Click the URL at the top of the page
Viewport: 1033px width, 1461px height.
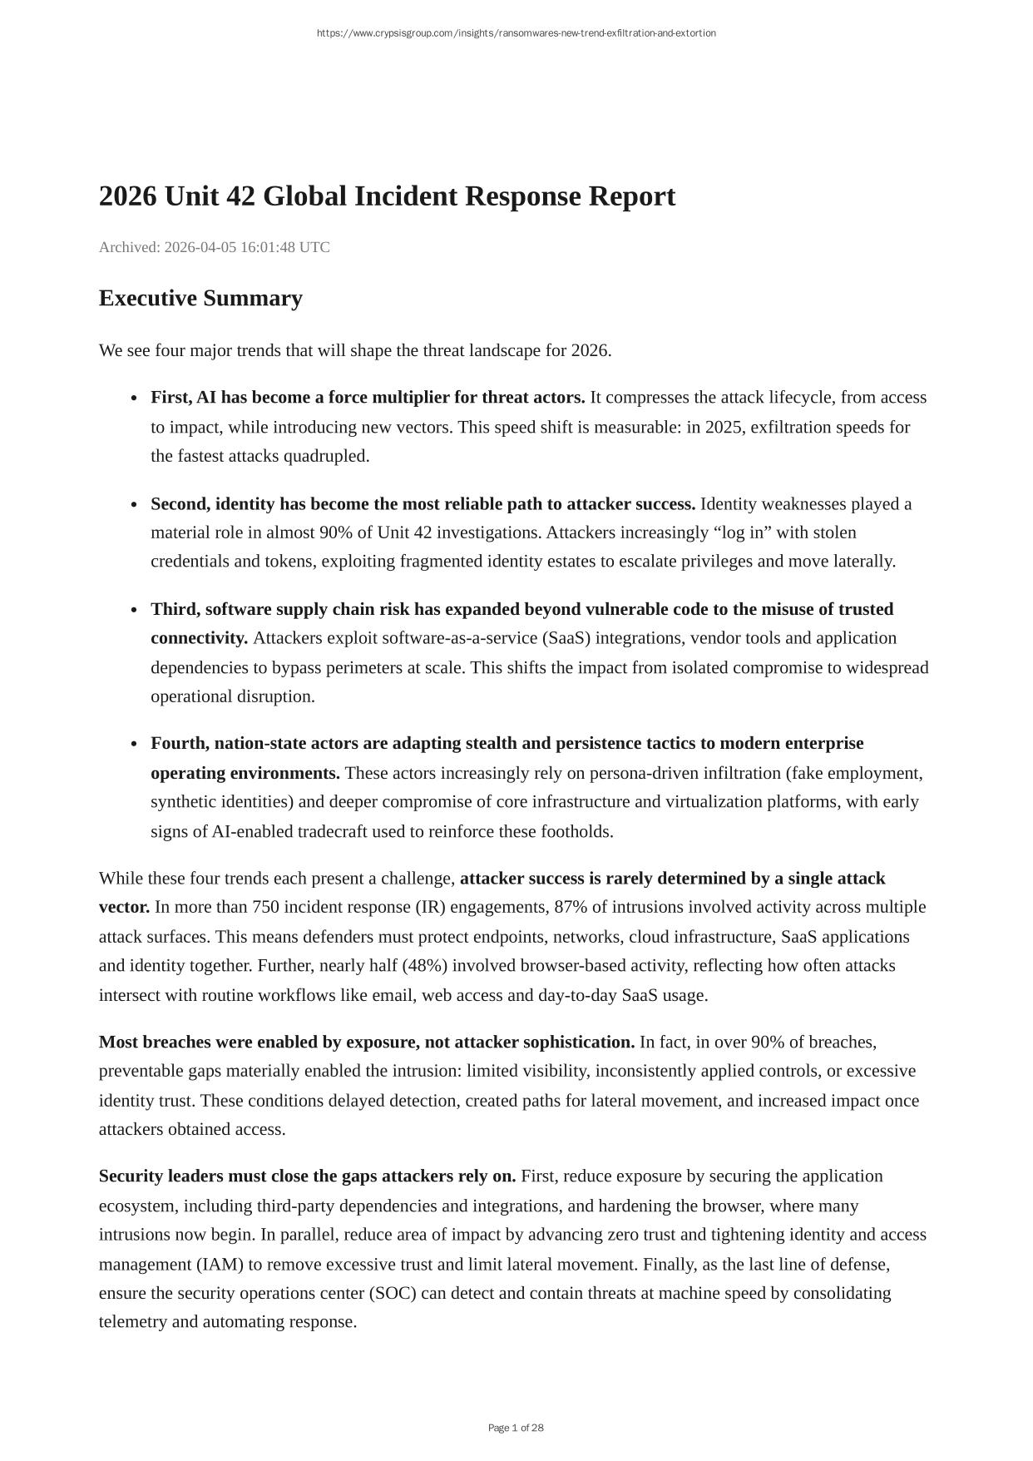point(516,33)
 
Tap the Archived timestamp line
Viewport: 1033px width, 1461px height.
point(214,247)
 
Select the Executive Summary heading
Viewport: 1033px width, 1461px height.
point(200,298)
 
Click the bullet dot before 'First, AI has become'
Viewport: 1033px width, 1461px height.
point(135,399)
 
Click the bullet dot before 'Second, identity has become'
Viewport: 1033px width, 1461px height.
point(135,505)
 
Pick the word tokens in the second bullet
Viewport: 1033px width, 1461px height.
point(290,561)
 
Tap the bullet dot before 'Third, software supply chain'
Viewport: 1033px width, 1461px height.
point(135,610)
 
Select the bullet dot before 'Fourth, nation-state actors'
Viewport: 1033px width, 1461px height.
point(135,744)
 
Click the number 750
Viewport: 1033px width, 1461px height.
point(266,907)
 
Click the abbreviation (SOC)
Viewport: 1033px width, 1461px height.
point(392,1293)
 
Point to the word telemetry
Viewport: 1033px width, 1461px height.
point(133,1321)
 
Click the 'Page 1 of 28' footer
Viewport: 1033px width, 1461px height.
point(516,1428)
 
